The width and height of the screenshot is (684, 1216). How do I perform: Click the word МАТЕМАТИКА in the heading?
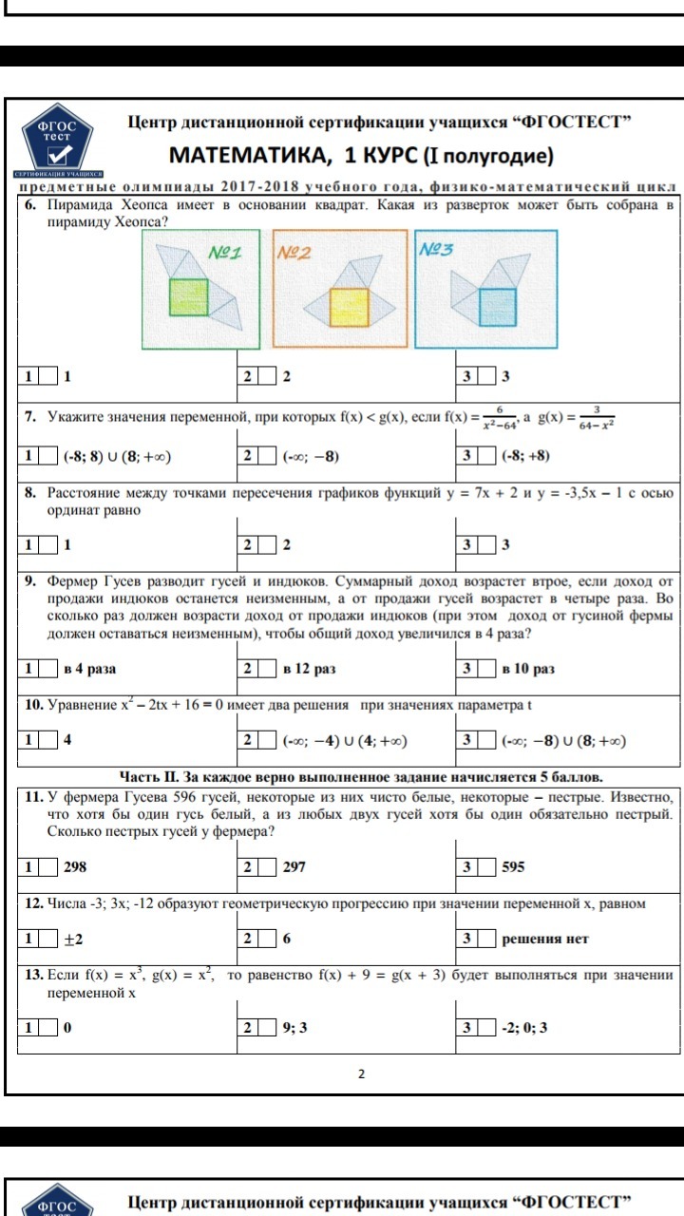pyautogui.click(x=249, y=155)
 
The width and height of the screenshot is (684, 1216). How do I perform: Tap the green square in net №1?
pyautogui.click(x=187, y=295)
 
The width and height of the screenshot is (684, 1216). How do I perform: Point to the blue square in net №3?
pyautogui.click(x=497, y=306)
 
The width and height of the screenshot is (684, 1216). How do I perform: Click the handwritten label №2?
pyautogui.click(x=294, y=253)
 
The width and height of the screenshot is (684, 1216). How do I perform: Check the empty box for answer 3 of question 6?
pyautogui.click(x=486, y=376)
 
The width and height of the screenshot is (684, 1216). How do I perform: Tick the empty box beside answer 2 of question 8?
pyautogui.click(x=267, y=545)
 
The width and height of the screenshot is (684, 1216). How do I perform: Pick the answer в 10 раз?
pyautogui.click(x=528, y=669)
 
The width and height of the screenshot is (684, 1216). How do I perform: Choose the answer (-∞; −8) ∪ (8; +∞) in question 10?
pyautogui.click(x=563, y=741)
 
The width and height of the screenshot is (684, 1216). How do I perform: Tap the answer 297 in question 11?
pyautogui.click(x=294, y=866)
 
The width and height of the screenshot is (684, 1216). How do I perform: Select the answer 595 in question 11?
pyautogui.click(x=514, y=866)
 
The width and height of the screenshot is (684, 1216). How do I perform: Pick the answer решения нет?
pyautogui.click(x=545, y=939)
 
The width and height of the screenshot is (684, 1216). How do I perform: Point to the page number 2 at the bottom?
pyautogui.click(x=361, y=1074)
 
